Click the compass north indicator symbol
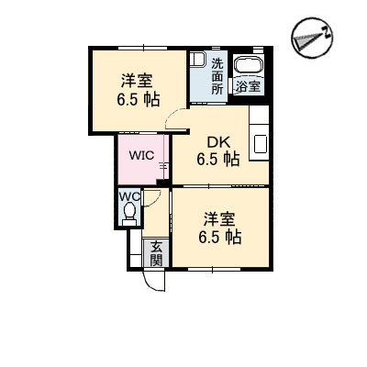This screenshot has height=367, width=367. [x=312, y=38]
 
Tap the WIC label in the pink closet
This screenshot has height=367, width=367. [x=141, y=155]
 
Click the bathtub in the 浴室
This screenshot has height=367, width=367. [x=249, y=66]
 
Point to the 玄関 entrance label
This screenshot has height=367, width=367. [x=156, y=253]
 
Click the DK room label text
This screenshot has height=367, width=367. [x=218, y=142]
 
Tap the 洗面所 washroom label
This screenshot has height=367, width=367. [x=217, y=76]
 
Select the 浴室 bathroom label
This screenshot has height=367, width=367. [x=248, y=87]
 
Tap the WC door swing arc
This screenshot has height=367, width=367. [x=153, y=199]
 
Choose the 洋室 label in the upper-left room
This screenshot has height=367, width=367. [x=137, y=81]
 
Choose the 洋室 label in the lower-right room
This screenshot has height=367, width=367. [x=219, y=219]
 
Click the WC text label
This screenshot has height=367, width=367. [x=129, y=196]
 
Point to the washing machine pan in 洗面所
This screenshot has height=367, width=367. [x=197, y=60]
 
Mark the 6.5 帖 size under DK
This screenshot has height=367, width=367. [x=217, y=159]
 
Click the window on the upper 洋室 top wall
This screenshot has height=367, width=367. [x=143, y=48]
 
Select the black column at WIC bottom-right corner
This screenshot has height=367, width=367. [x=163, y=183]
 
